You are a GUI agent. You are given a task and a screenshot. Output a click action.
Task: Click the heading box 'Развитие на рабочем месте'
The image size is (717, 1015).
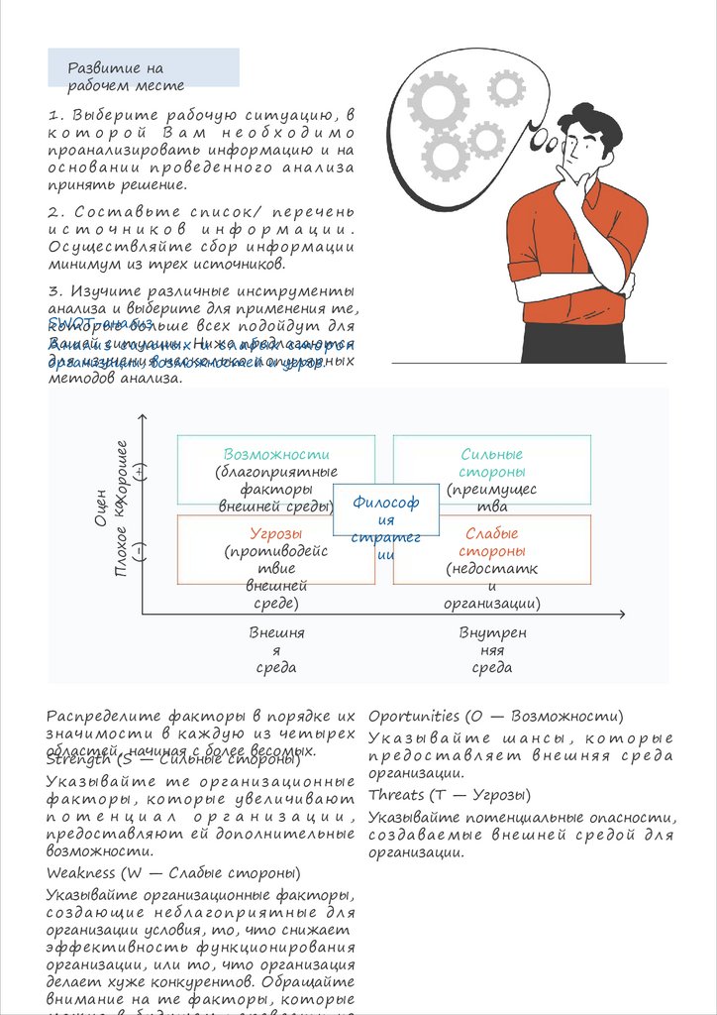pyautogui.click(x=143, y=67)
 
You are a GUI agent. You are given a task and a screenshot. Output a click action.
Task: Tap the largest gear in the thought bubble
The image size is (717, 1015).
pyautogui.click(x=438, y=101)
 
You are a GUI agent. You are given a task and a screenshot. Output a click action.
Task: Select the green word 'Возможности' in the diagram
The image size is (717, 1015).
pyautogui.click(x=275, y=454)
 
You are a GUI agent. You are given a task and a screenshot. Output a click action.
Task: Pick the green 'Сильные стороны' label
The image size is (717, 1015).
pyautogui.click(x=492, y=463)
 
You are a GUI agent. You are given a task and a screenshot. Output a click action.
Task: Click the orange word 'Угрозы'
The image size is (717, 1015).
pyautogui.click(x=275, y=533)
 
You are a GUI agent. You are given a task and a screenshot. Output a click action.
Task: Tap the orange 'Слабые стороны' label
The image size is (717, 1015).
pyautogui.click(x=492, y=542)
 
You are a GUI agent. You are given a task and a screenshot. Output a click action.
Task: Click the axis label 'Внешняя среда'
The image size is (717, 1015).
pyautogui.click(x=276, y=649)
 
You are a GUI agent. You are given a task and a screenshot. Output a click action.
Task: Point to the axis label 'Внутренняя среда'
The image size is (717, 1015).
pyautogui.click(x=492, y=649)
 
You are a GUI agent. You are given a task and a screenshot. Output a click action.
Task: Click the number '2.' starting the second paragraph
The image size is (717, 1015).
pyautogui.click(x=55, y=212)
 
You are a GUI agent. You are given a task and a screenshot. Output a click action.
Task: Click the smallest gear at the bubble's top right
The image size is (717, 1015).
pyautogui.click(x=506, y=89)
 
